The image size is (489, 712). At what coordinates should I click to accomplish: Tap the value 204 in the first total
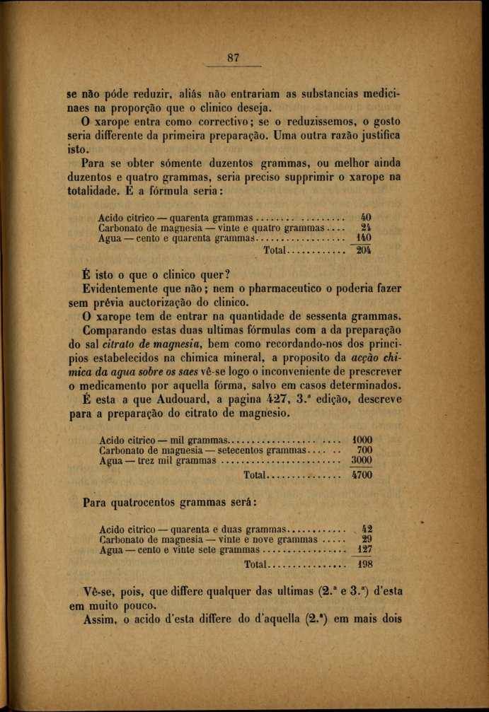coord(364,250)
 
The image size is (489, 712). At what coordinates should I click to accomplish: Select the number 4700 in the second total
coord(362,475)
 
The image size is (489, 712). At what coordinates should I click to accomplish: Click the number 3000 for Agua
coord(362,460)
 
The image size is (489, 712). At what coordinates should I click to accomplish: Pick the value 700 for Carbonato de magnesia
coord(364,449)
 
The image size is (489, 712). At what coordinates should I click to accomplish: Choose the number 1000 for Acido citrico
coord(362,438)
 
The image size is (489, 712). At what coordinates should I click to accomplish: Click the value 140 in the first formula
coord(364,238)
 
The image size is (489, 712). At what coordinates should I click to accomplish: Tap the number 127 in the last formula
coord(364,549)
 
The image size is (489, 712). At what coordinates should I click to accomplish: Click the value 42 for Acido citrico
coord(367,527)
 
